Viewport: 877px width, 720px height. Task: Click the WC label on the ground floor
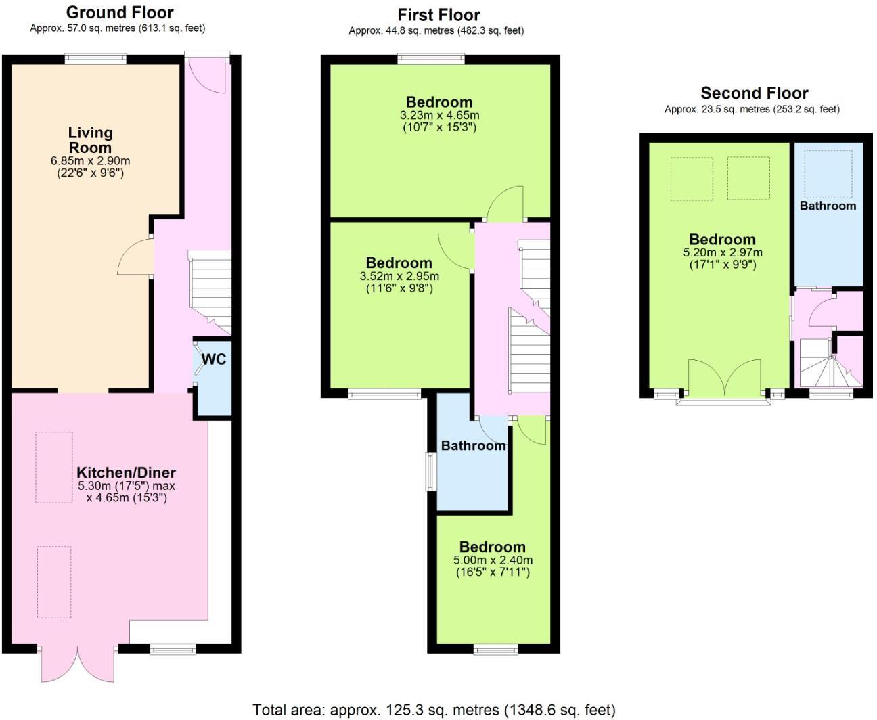[x=214, y=359]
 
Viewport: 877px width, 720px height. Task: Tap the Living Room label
[x=90, y=140]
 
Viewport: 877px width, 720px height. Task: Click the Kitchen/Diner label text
[x=126, y=472]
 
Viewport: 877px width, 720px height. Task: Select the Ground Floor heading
[x=119, y=12]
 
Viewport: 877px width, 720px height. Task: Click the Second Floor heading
[x=754, y=93]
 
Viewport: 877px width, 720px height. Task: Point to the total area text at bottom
[x=434, y=710]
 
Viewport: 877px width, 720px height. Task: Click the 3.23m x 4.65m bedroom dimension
[x=439, y=115]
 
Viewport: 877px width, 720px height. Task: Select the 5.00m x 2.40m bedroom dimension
[x=493, y=560]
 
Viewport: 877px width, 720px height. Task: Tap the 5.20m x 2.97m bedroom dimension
[x=722, y=252]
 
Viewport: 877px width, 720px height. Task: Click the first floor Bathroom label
[x=473, y=445]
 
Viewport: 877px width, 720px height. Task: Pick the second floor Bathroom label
[x=828, y=206]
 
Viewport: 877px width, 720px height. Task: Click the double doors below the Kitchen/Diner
[x=79, y=662]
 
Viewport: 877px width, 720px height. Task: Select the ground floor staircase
[x=209, y=291]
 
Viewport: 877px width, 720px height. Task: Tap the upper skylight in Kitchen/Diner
[x=53, y=467]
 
